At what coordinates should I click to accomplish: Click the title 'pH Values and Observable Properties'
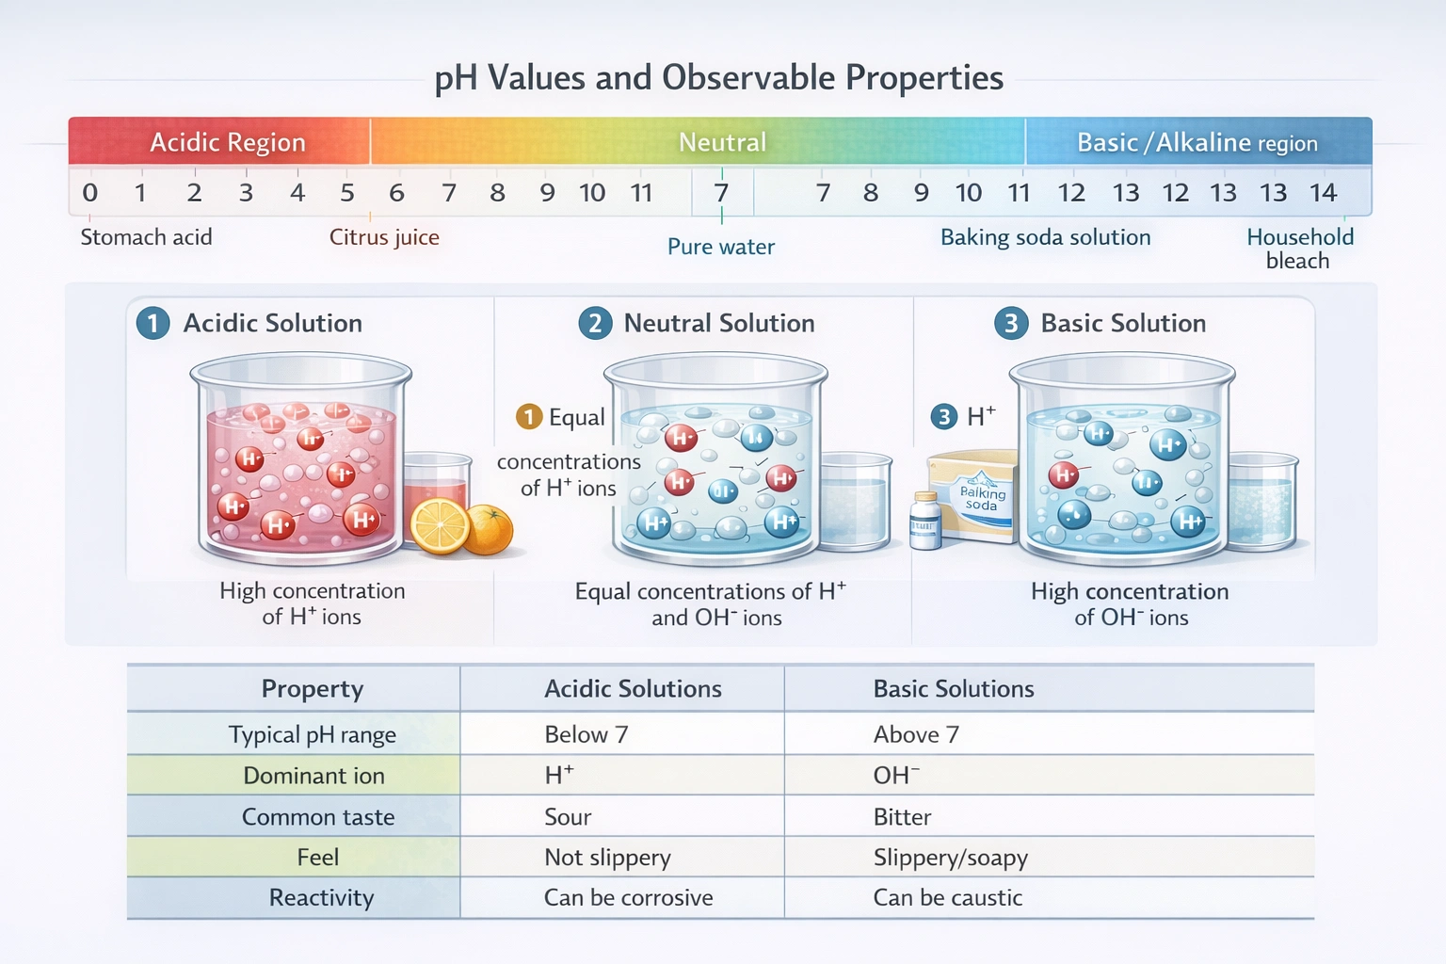[x=718, y=78]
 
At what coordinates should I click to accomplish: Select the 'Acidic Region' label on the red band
[x=228, y=142]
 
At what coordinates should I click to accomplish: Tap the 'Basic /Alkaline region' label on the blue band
[x=1197, y=142]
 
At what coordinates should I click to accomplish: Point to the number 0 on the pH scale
[x=90, y=193]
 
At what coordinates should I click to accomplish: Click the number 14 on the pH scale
[x=1323, y=193]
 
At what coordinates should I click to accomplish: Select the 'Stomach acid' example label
[x=146, y=237]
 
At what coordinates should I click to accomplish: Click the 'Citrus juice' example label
[x=384, y=237]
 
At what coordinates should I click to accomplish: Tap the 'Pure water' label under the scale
[x=721, y=247]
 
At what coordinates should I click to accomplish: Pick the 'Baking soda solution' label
[x=1045, y=237]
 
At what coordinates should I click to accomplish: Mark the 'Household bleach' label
[x=1299, y=249]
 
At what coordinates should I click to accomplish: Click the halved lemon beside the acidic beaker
[x=440, y=525]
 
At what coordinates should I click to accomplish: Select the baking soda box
[x=974, y=494]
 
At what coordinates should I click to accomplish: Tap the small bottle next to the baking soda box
[x=925, y=521]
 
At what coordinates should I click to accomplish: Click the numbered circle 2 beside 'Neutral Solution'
[x=595, y=324]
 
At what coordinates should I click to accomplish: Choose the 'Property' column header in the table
[x=312, y=689]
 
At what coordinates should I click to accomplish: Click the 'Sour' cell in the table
[x=568, y=817]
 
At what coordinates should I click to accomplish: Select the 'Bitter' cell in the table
[x=902, y=817]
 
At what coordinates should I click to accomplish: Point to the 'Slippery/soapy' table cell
[x=950, y=858]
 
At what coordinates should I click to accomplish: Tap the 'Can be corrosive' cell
[x=628, y=898]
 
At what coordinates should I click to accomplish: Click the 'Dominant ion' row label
[x=313, y=776]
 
